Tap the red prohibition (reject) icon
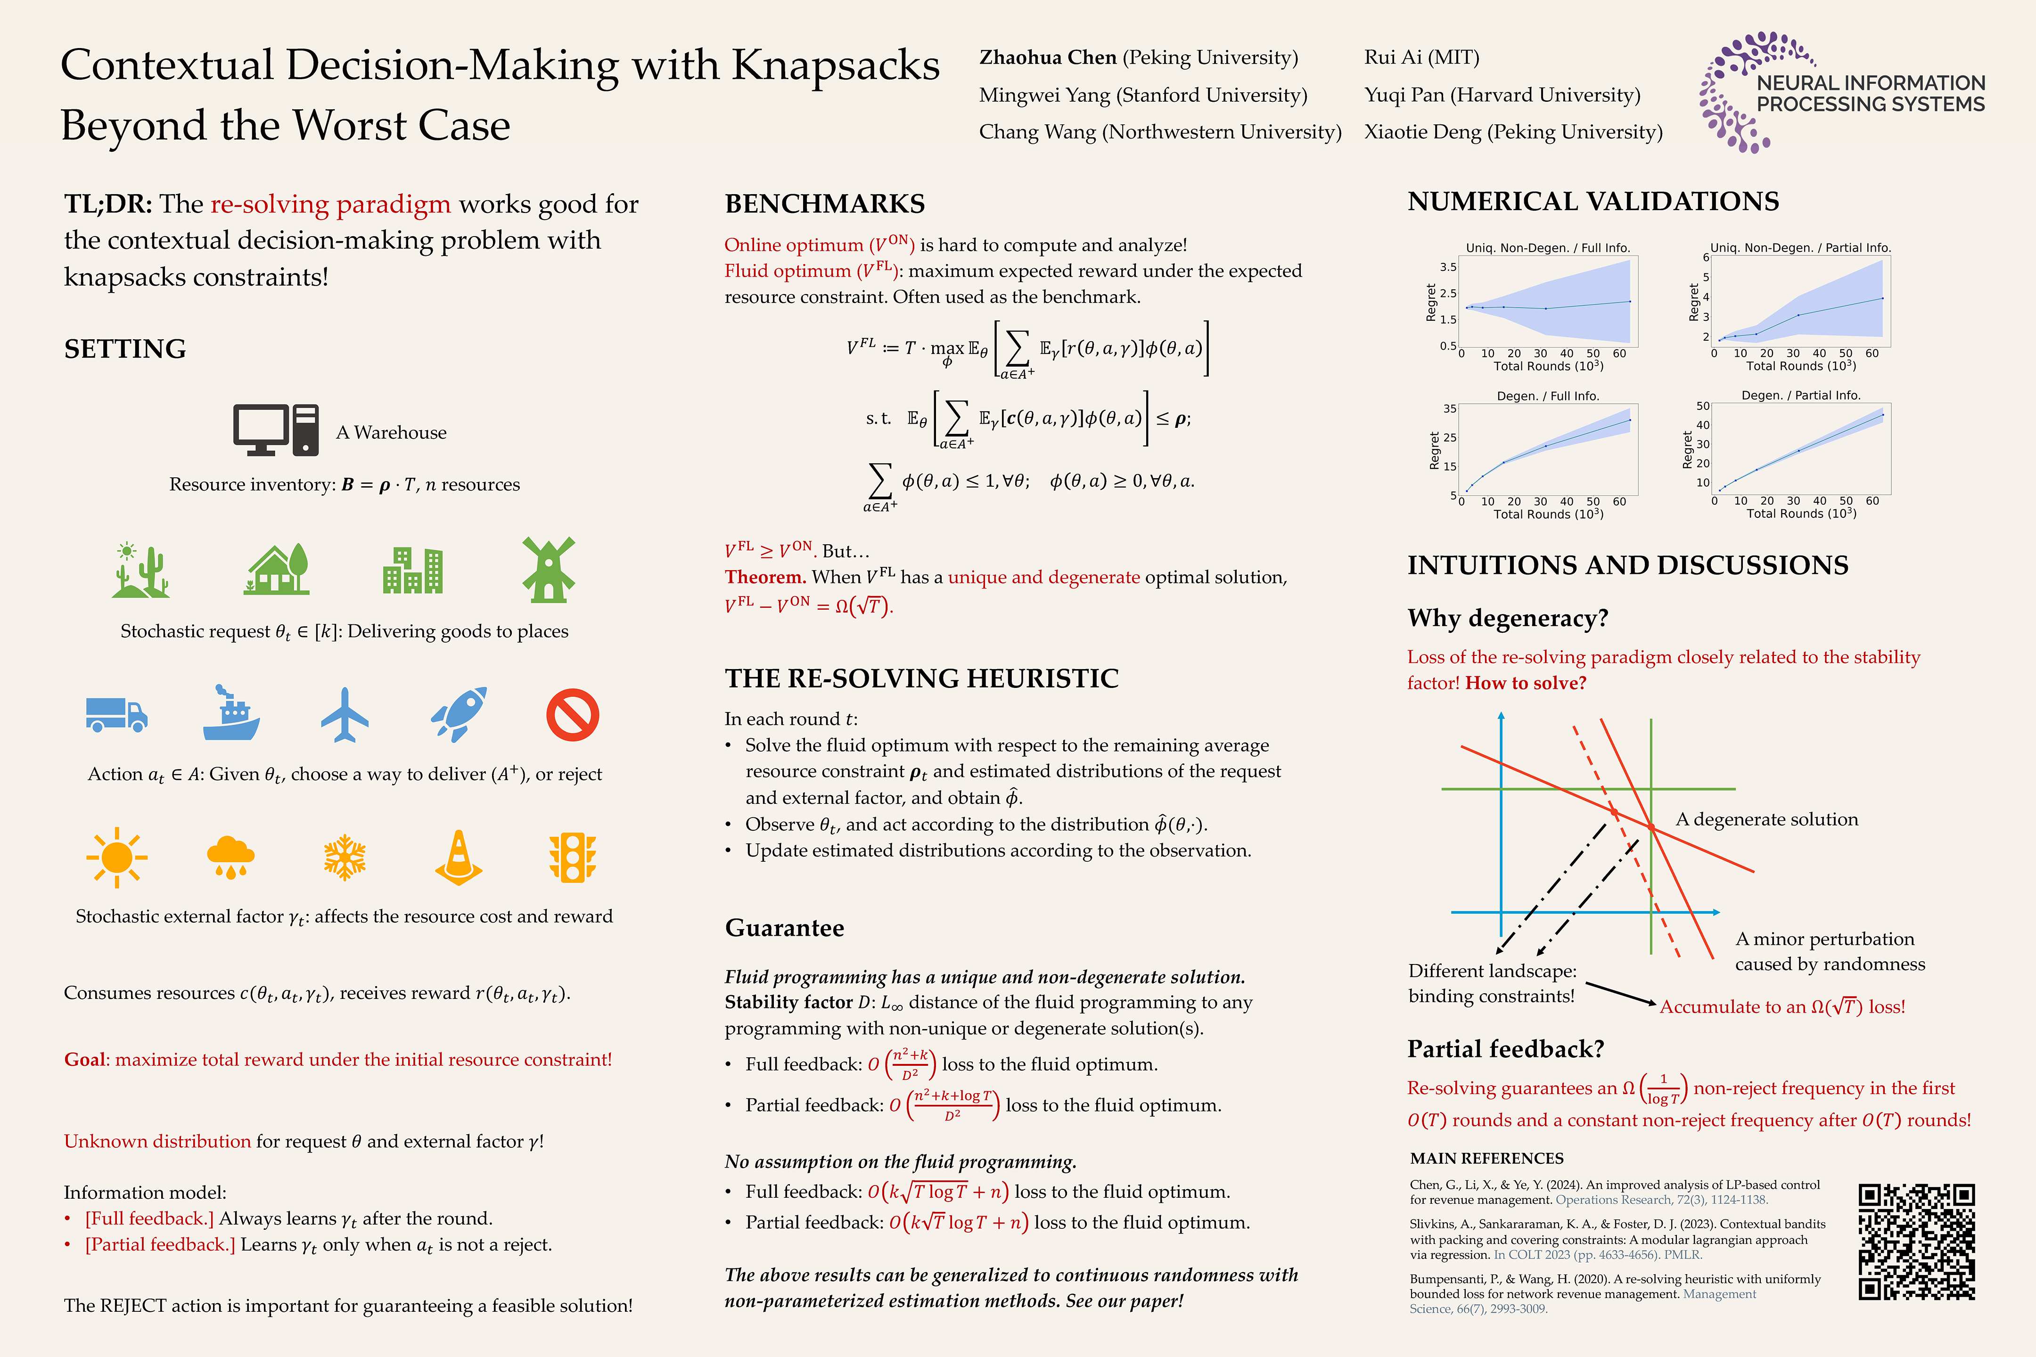pos(572,715)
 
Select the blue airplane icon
pos(345,715)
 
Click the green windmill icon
pos(548,570)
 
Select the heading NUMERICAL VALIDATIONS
pos(1593,202)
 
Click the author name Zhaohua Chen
pos(1047,57)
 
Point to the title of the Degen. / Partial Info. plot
pos(1800,395)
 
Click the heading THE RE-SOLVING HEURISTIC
pos(921,678)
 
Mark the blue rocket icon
pos(459,715)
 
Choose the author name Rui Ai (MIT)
pos(1421,57)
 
